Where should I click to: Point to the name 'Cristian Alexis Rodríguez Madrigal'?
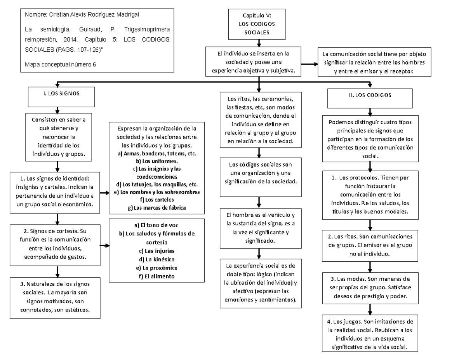(94, 15)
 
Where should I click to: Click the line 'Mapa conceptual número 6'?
(60, 64)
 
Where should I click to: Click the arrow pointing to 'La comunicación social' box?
(309, 64)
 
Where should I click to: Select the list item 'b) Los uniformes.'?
(157, 161)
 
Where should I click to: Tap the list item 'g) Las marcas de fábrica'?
(157, 207)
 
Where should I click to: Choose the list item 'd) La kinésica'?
(157, 259)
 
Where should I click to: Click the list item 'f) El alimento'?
(157, 276)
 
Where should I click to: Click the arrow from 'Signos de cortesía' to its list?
(105, 245)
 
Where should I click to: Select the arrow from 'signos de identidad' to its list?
(104, 193)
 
